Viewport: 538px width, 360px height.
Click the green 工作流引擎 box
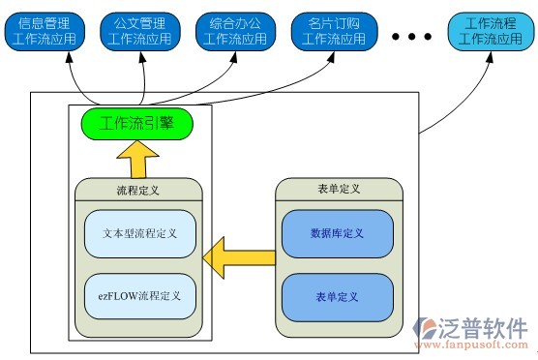(136, 124)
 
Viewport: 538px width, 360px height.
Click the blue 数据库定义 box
(338, 233)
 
